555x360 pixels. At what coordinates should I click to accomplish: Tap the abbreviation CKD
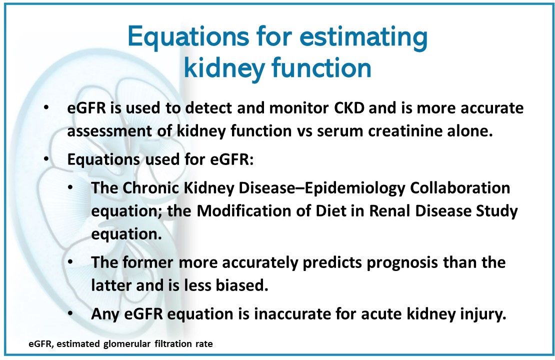pos(349,108)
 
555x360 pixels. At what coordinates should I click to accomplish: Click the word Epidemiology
pos(354,188)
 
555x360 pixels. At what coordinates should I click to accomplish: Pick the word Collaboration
pos(460,188)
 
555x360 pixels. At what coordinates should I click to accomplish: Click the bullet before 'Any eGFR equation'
pos(71,313)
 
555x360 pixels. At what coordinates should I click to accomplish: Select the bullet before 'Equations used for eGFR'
pos(46,159)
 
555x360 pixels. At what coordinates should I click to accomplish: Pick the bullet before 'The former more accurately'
pos(71,262)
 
